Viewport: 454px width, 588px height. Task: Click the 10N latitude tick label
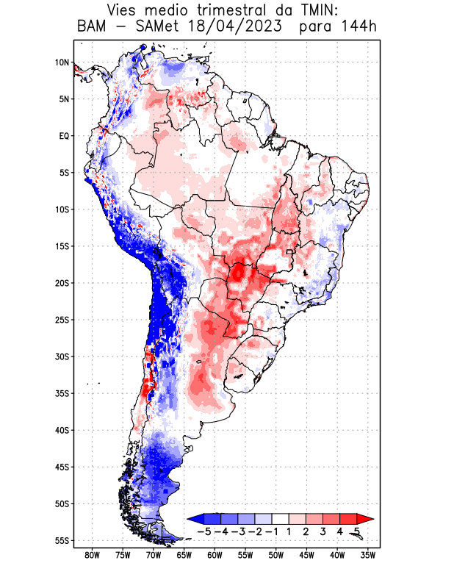click(x=62, y=62)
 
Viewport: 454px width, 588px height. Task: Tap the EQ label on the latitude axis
click(x=64, y=136)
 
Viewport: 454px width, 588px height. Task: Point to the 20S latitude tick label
click(x=62, y=283)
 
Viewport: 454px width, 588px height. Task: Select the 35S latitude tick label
click(x=62, y=393)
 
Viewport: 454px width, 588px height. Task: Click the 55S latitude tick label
click(x=62, y=540)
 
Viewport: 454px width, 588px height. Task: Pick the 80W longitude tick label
click(x=92, y=556)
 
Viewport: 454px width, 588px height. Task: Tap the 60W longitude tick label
click(x=215, y=556)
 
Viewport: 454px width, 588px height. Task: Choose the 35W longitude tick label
click(x=368, y=556)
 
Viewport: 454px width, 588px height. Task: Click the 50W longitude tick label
click(x=276, y=556)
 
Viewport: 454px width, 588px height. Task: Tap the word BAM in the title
click(x=93, y=28)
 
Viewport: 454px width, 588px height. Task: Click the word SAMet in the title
click(x=154, y=28)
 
